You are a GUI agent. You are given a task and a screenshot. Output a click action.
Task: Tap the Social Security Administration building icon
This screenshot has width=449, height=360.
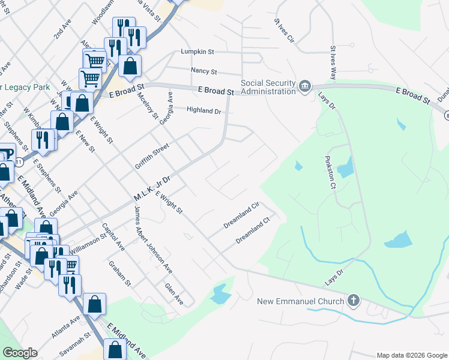pos(305,88)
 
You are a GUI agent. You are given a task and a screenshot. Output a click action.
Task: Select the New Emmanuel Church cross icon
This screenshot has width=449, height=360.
pos(354,301)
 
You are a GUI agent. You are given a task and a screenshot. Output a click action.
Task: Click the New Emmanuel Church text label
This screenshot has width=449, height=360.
pos(301,301)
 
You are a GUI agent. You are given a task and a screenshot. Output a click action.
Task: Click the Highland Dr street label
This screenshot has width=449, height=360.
pos(204,110)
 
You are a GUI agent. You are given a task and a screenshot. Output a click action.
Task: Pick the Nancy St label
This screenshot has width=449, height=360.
pos(203,71)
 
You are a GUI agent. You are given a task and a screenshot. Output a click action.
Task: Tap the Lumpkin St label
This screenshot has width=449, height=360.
pos(197,52)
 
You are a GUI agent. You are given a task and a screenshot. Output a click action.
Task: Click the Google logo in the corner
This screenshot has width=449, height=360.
pos(20,353)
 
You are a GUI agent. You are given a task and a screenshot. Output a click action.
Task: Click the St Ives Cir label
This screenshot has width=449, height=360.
pos(284,30)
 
